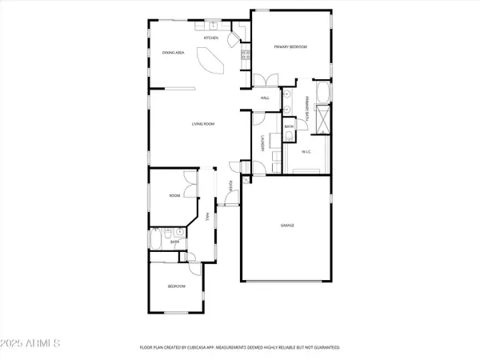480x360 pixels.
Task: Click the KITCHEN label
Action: coord(211,38)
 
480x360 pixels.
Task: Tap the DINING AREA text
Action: coord(174,52)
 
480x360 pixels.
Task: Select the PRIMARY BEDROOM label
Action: coord(290,47)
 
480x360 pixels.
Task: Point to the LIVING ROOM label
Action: coord(202,124)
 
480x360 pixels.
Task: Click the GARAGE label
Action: coord(286,226)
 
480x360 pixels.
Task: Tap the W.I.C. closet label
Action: coord(306,151)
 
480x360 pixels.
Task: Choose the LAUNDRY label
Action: coord(263,143)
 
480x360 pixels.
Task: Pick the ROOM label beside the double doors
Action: coord(174,195)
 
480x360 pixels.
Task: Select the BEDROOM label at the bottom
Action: coord(176,286)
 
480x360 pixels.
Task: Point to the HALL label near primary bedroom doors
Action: coord(265,98)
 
